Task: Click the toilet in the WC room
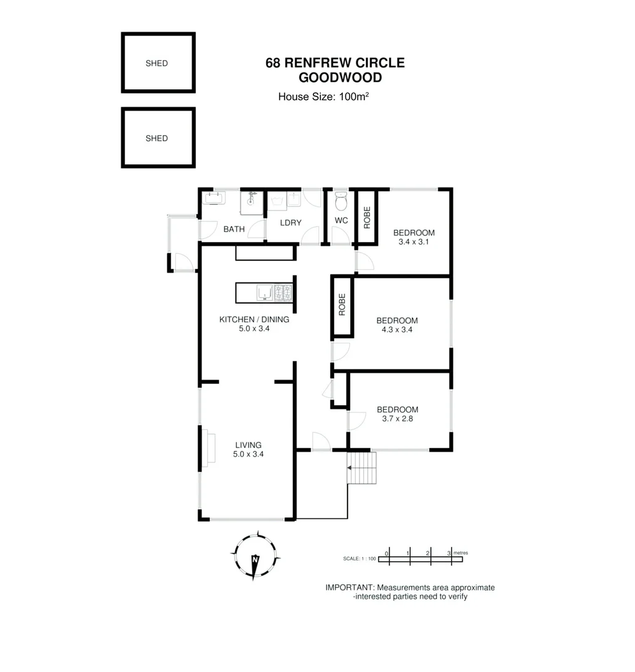click(x=340, y=202)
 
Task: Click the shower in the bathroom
click(x=252, y=200)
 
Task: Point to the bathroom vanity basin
click(x=215, y=198)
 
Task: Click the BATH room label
click(x=234, y=229)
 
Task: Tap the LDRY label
click(x=290, y=223)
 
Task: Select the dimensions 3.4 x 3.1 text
click(x=414, y=242)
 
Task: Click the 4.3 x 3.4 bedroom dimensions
click(x=397, y=330)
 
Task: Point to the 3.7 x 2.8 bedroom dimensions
click(x=397, y=419)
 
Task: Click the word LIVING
click(x=248, y=445)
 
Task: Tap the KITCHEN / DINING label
click(x=254, y=320)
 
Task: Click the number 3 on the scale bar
click(x=449, y=553)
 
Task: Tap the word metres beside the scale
click(x=461, y=553)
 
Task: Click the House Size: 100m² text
click(x=323, y=96)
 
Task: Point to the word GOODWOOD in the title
click(x=340, y=78)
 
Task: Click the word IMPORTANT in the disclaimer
click(x=350, y=587)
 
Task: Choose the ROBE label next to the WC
click(x=367, y=217)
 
